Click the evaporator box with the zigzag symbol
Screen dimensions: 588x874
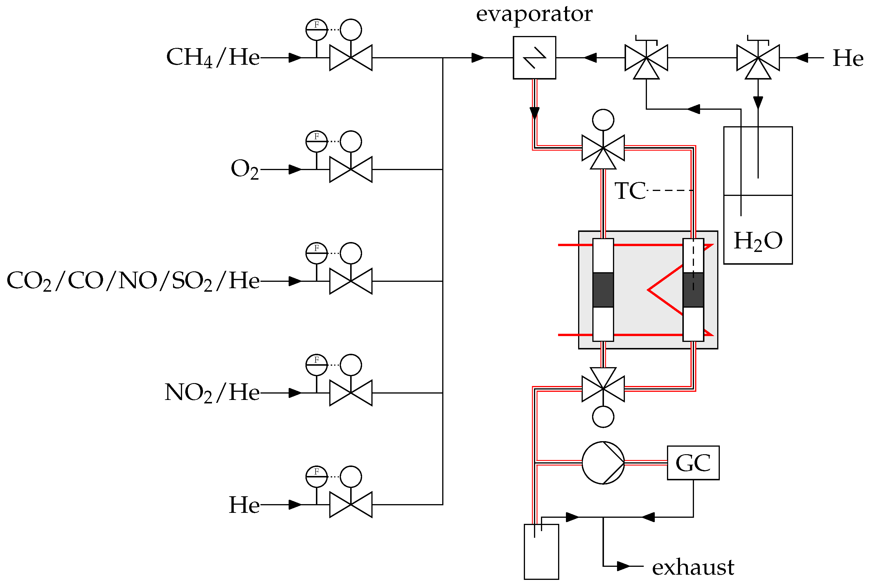[534, 58]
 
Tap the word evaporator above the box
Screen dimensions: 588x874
[534, 14]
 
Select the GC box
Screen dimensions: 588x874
[693, 463]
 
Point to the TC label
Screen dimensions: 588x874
[630, 191]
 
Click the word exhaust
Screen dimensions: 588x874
[693, 567]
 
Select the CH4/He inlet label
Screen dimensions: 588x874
[213, 57]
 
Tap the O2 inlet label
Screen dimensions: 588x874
[244, 169]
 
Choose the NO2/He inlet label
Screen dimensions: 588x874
[212, 393]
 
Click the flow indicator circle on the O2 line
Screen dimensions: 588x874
[316, 141]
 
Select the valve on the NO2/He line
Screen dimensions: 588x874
[351, 393]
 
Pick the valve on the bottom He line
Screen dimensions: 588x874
[351, 504]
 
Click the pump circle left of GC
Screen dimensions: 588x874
[603, 463]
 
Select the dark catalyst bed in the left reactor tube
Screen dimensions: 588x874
[603, 290]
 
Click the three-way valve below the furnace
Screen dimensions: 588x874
[603, 388]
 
